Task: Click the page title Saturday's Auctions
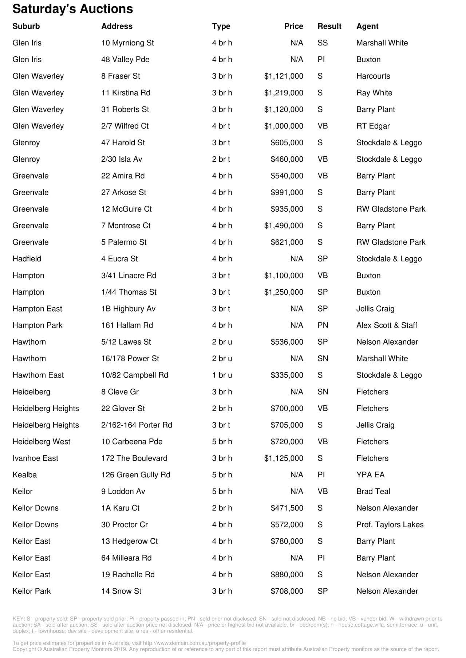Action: pos(73,9)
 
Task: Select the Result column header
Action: pos(329,26)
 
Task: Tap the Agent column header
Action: pos(367,26)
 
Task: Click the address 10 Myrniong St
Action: pos(127,43)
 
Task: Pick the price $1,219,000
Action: pos(284,93)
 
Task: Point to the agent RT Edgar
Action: pos(373,126)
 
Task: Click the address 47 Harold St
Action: pos(123,143)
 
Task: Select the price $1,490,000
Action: pos(284,226)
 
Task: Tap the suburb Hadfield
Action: pos(27,259)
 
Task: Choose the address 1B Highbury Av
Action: pos(128,309)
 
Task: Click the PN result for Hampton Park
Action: pos(323,325)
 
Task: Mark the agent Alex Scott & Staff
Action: pos(387,325)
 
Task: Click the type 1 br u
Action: pos(222,375)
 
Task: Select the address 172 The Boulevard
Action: pos(134,458)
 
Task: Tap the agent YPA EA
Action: pos(370,475)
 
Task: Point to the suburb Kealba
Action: pos(24,475)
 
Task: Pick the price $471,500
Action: pos(287,508)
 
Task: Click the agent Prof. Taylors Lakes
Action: pos(390,525)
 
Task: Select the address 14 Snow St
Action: pos(121,591)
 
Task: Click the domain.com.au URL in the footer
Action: pos(194,643)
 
